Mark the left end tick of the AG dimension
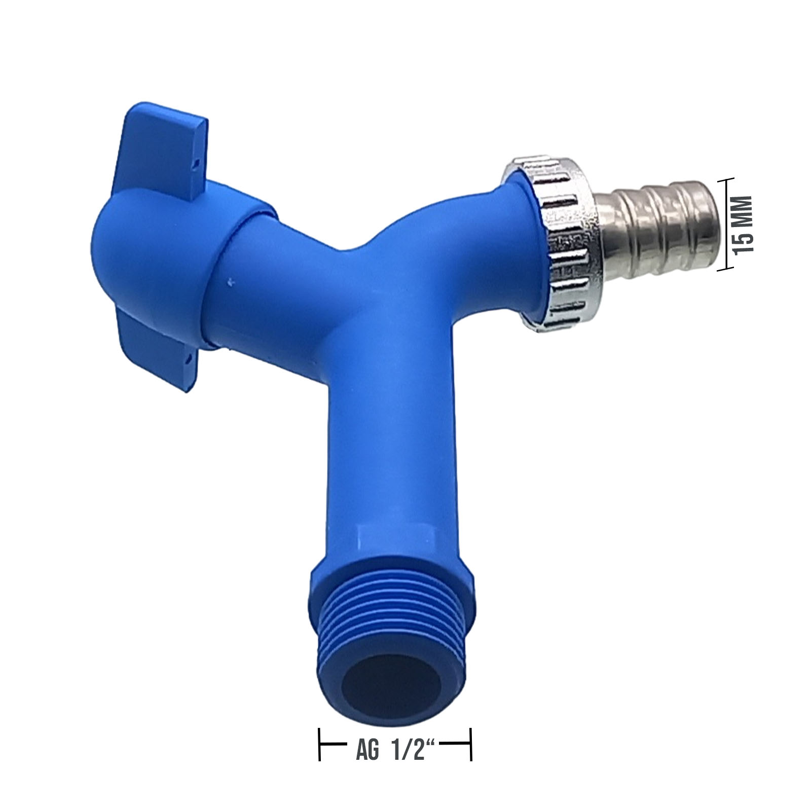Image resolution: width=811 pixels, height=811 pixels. (x=319, y=750)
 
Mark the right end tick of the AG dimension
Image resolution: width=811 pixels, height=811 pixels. (x=471, y=750)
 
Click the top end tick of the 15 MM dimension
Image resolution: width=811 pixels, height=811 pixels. (x=726, y=179)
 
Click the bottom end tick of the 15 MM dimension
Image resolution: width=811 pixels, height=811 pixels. (x=726, y=270)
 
